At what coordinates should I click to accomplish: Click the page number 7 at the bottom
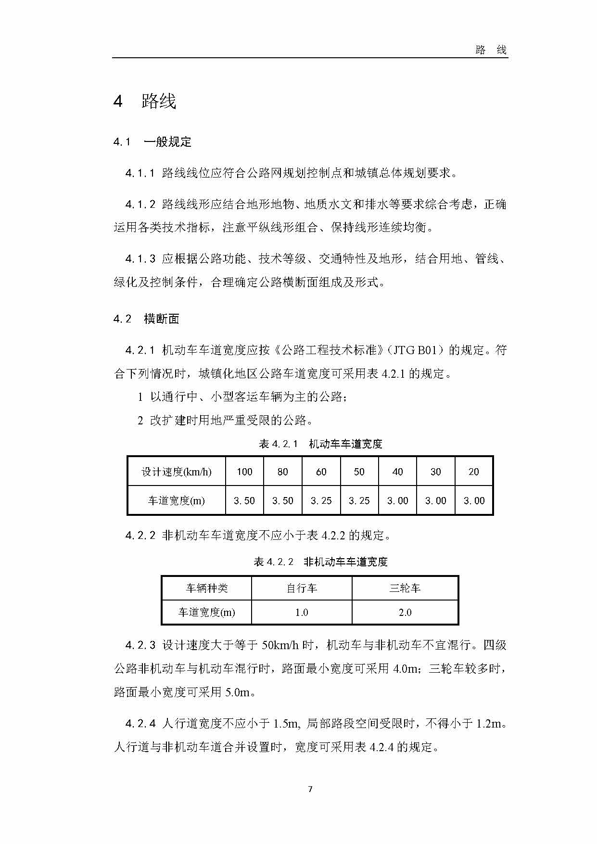310,789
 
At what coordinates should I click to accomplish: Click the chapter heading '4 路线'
145,101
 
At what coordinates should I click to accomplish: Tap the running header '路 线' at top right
491,50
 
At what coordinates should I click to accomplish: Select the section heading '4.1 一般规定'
152,142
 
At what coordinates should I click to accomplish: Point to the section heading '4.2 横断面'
146,319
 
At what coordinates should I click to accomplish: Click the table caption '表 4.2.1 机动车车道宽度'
320,444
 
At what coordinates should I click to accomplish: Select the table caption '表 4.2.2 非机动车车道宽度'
320,562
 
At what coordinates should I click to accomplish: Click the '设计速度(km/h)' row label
177,472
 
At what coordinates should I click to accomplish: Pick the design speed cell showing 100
244,472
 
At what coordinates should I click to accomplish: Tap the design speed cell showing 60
321,472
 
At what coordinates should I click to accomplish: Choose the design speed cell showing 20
474,472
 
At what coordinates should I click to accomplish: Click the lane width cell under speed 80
283,500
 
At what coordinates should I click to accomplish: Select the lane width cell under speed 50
359,500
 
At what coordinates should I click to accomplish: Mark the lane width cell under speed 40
397,500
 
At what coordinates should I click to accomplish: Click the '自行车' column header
302,588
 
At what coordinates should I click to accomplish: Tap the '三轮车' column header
405,588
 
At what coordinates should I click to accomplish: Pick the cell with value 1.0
302,612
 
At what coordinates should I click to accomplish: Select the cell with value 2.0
405,612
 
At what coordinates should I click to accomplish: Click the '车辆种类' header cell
207,588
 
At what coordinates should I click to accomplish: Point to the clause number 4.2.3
140,645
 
